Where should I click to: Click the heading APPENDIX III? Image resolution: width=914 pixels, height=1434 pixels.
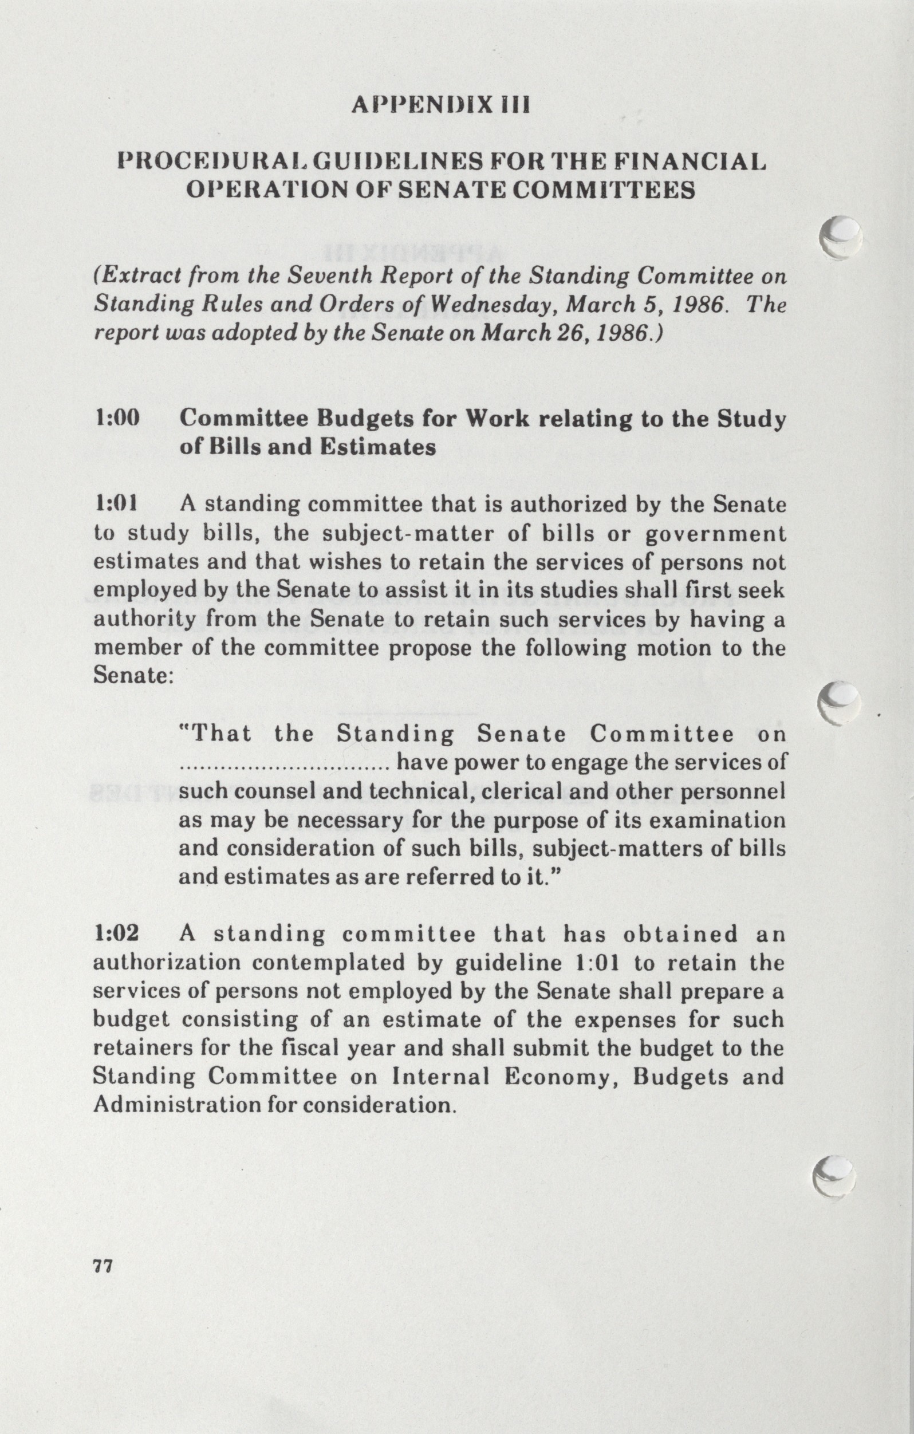440,105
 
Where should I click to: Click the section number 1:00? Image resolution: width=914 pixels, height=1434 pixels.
117,418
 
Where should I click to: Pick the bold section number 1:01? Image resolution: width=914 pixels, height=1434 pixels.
116,504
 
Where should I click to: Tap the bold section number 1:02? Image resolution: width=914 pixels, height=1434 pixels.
117,933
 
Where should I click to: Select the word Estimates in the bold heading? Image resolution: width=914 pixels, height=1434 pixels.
377,447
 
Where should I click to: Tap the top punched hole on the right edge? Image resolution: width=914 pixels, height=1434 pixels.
840,237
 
